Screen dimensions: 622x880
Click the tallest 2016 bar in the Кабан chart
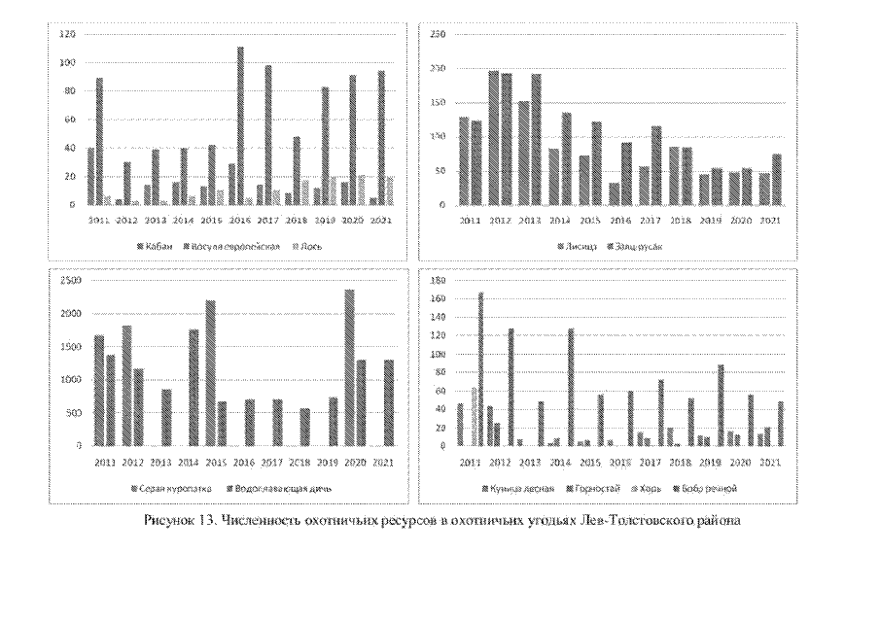click(x=240, y=126)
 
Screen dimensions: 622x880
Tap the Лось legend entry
click(x=302, y=246)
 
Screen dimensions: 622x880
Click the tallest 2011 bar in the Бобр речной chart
click(x=480, y=369)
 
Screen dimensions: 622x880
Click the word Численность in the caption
click(x=257, y=521)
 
